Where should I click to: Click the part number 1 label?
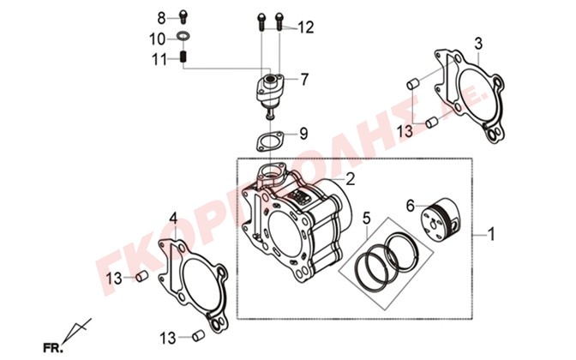coord(491,234)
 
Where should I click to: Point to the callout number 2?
coord(349,180)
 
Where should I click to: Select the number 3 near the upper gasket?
coord(478,43)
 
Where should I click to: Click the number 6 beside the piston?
coord(410,205)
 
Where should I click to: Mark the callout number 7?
coord(304,80)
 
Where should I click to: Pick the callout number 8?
coord(160,18)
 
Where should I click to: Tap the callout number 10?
coord(158,39)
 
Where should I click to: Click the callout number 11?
coord(159,59)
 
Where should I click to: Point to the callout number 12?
coord(306,27)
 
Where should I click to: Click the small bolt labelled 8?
coord(183,16)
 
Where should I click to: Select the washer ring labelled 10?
coord(183,37)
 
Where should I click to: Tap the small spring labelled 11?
coord(183,58)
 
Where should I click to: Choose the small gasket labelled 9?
coord(268,138)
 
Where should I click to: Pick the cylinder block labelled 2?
coord(296,223)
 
